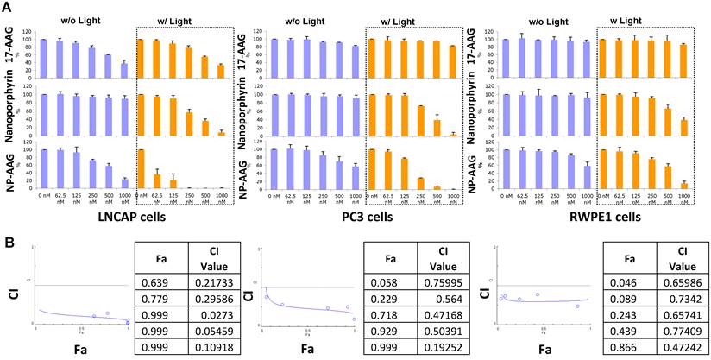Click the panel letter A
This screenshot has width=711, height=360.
coord(8,7)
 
